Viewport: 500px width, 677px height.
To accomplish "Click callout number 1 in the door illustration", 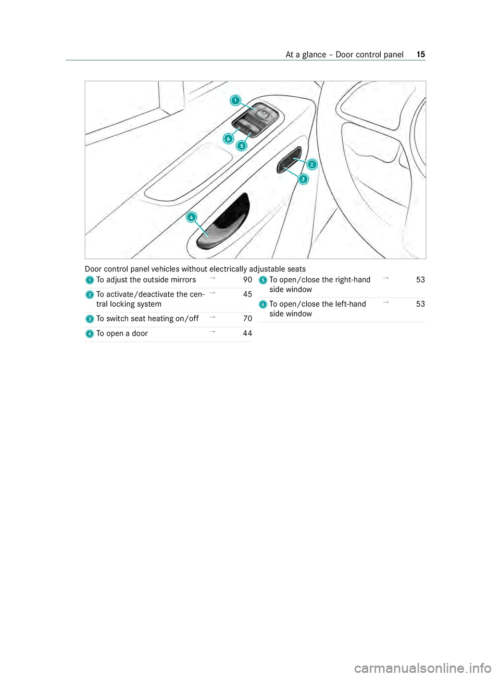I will [x=236, y=100].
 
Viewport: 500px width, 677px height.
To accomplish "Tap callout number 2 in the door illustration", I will [x=311, y=164].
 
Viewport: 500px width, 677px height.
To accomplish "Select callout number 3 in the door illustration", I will [x=303, y=179].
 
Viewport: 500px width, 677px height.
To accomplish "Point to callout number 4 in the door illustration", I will [x=192, y=217].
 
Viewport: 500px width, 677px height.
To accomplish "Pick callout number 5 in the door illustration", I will [x=241, y=146].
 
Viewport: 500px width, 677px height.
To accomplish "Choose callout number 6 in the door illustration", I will [x=228, y=139].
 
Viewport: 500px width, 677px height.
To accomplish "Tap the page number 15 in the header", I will [x=421, y=55].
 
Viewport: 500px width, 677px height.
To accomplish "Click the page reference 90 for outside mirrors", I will [x=247, y=280].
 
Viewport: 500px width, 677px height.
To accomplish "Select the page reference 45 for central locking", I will [x=247, y=294].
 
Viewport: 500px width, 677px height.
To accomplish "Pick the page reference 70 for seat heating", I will [x=247, y=319].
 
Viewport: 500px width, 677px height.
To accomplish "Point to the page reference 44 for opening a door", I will [x=247, y=333].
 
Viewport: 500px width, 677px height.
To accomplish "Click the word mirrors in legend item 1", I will [x=183, y=280].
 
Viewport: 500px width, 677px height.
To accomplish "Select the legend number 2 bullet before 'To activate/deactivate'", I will [x=90, y=295].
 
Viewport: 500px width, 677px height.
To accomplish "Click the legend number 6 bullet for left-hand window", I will [x=263, y=304].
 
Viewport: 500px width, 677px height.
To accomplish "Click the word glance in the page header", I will [x=314, y=55].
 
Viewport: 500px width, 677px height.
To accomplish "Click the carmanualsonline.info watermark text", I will [x=422, y=667].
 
